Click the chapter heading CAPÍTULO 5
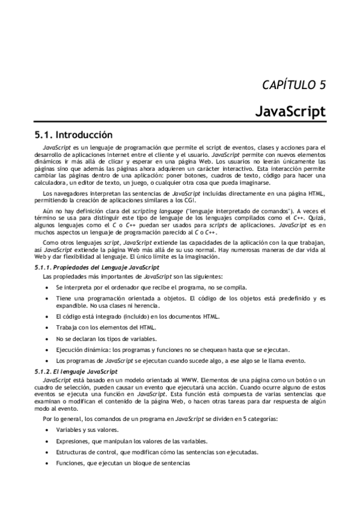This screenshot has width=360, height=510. coord(294,84)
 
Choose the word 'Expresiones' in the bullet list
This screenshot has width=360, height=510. coord(73,441)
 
